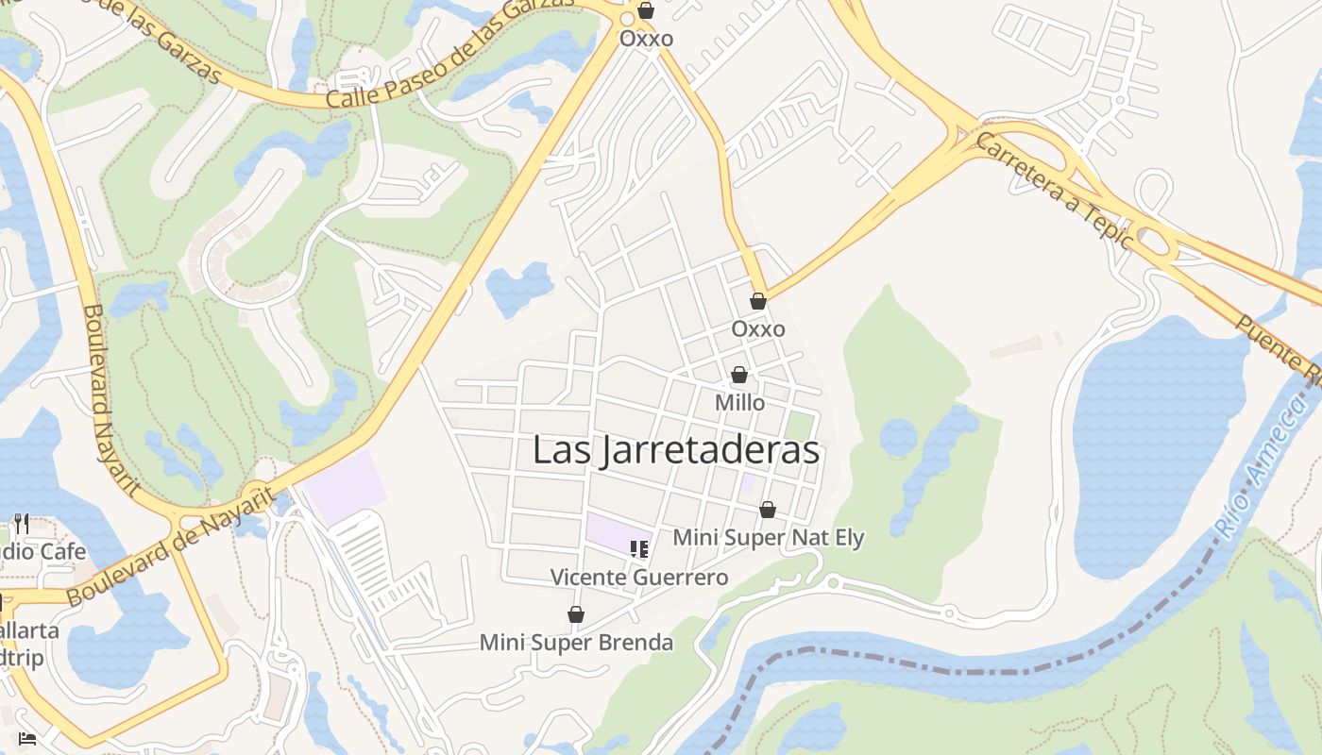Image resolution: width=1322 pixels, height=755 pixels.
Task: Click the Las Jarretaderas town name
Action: pyautogui.click(x=675, y=451)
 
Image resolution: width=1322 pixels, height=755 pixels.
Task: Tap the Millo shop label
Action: pyautogui.click(x=739, y=403)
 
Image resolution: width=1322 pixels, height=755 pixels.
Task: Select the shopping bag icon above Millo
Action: pyautogui.click(x=739, y=376)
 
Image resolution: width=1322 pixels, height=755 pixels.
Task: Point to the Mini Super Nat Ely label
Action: pyautogui.click(x=768, y=538)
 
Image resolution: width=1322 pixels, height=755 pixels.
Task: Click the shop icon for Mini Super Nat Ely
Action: pyautogui.click(x=768, y=511)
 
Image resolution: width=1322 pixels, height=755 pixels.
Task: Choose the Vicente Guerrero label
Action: pyautogui.click(x=639, y=578)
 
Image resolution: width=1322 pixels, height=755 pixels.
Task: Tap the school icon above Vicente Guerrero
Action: pyautogui.click(x=639, y=548)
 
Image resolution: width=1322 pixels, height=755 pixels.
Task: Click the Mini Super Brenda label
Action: pyautogui.click(x=576, y=643)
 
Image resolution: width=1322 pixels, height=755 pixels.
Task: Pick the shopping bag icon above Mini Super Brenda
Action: pyautogui.click(x=576, y=615)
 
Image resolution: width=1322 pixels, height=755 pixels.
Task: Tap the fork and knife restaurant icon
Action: pyautogui.click(x=21, y=524)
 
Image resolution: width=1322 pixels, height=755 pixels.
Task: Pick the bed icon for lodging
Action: pyautogui.click(x=26, y=738)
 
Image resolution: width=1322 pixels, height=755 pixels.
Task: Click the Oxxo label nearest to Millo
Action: pyautogui.click(x=758, y=329)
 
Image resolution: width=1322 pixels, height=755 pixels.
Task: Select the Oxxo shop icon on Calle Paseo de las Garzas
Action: pyautogui.click(x=646, y=11)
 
